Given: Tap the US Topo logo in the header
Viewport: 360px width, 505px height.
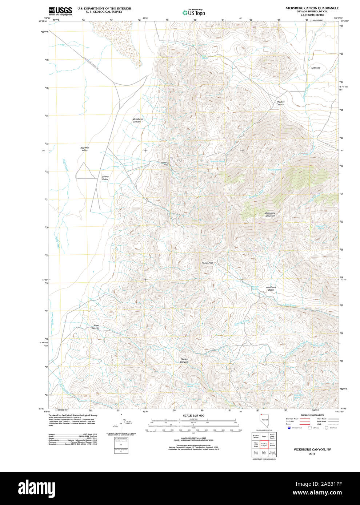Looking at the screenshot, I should [194, 13].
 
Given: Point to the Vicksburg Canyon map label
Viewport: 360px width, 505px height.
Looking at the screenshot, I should [137, 120].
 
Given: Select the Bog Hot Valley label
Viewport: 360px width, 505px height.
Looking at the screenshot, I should [84, 149].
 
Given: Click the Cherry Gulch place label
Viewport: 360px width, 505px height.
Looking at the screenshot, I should [105, 178].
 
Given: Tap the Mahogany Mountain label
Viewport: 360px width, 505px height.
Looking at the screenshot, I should [270, 214].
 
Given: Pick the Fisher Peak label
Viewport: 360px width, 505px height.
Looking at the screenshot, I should [207, 263].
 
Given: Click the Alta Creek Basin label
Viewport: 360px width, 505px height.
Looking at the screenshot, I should [271, 288].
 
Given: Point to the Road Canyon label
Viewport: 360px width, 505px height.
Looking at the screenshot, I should [96, 327].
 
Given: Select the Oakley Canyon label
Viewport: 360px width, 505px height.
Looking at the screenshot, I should [184, 360].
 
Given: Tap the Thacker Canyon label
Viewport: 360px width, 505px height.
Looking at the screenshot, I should [280, 103].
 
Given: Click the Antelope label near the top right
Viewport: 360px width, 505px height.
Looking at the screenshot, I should [316, 68].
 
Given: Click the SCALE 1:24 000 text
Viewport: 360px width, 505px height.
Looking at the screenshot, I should [193, 416].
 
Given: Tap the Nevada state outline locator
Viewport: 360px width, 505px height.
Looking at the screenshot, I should [264, 422].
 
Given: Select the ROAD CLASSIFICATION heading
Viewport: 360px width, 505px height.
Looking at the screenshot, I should [312, 415].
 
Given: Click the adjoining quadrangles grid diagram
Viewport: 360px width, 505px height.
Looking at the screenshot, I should [264, 444].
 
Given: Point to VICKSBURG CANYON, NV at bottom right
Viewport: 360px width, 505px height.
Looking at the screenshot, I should [312, 449].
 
